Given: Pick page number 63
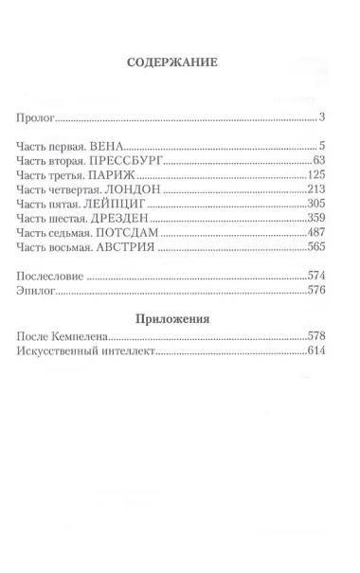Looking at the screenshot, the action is click(319, 161).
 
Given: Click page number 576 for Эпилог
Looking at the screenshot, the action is click(316, 293).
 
